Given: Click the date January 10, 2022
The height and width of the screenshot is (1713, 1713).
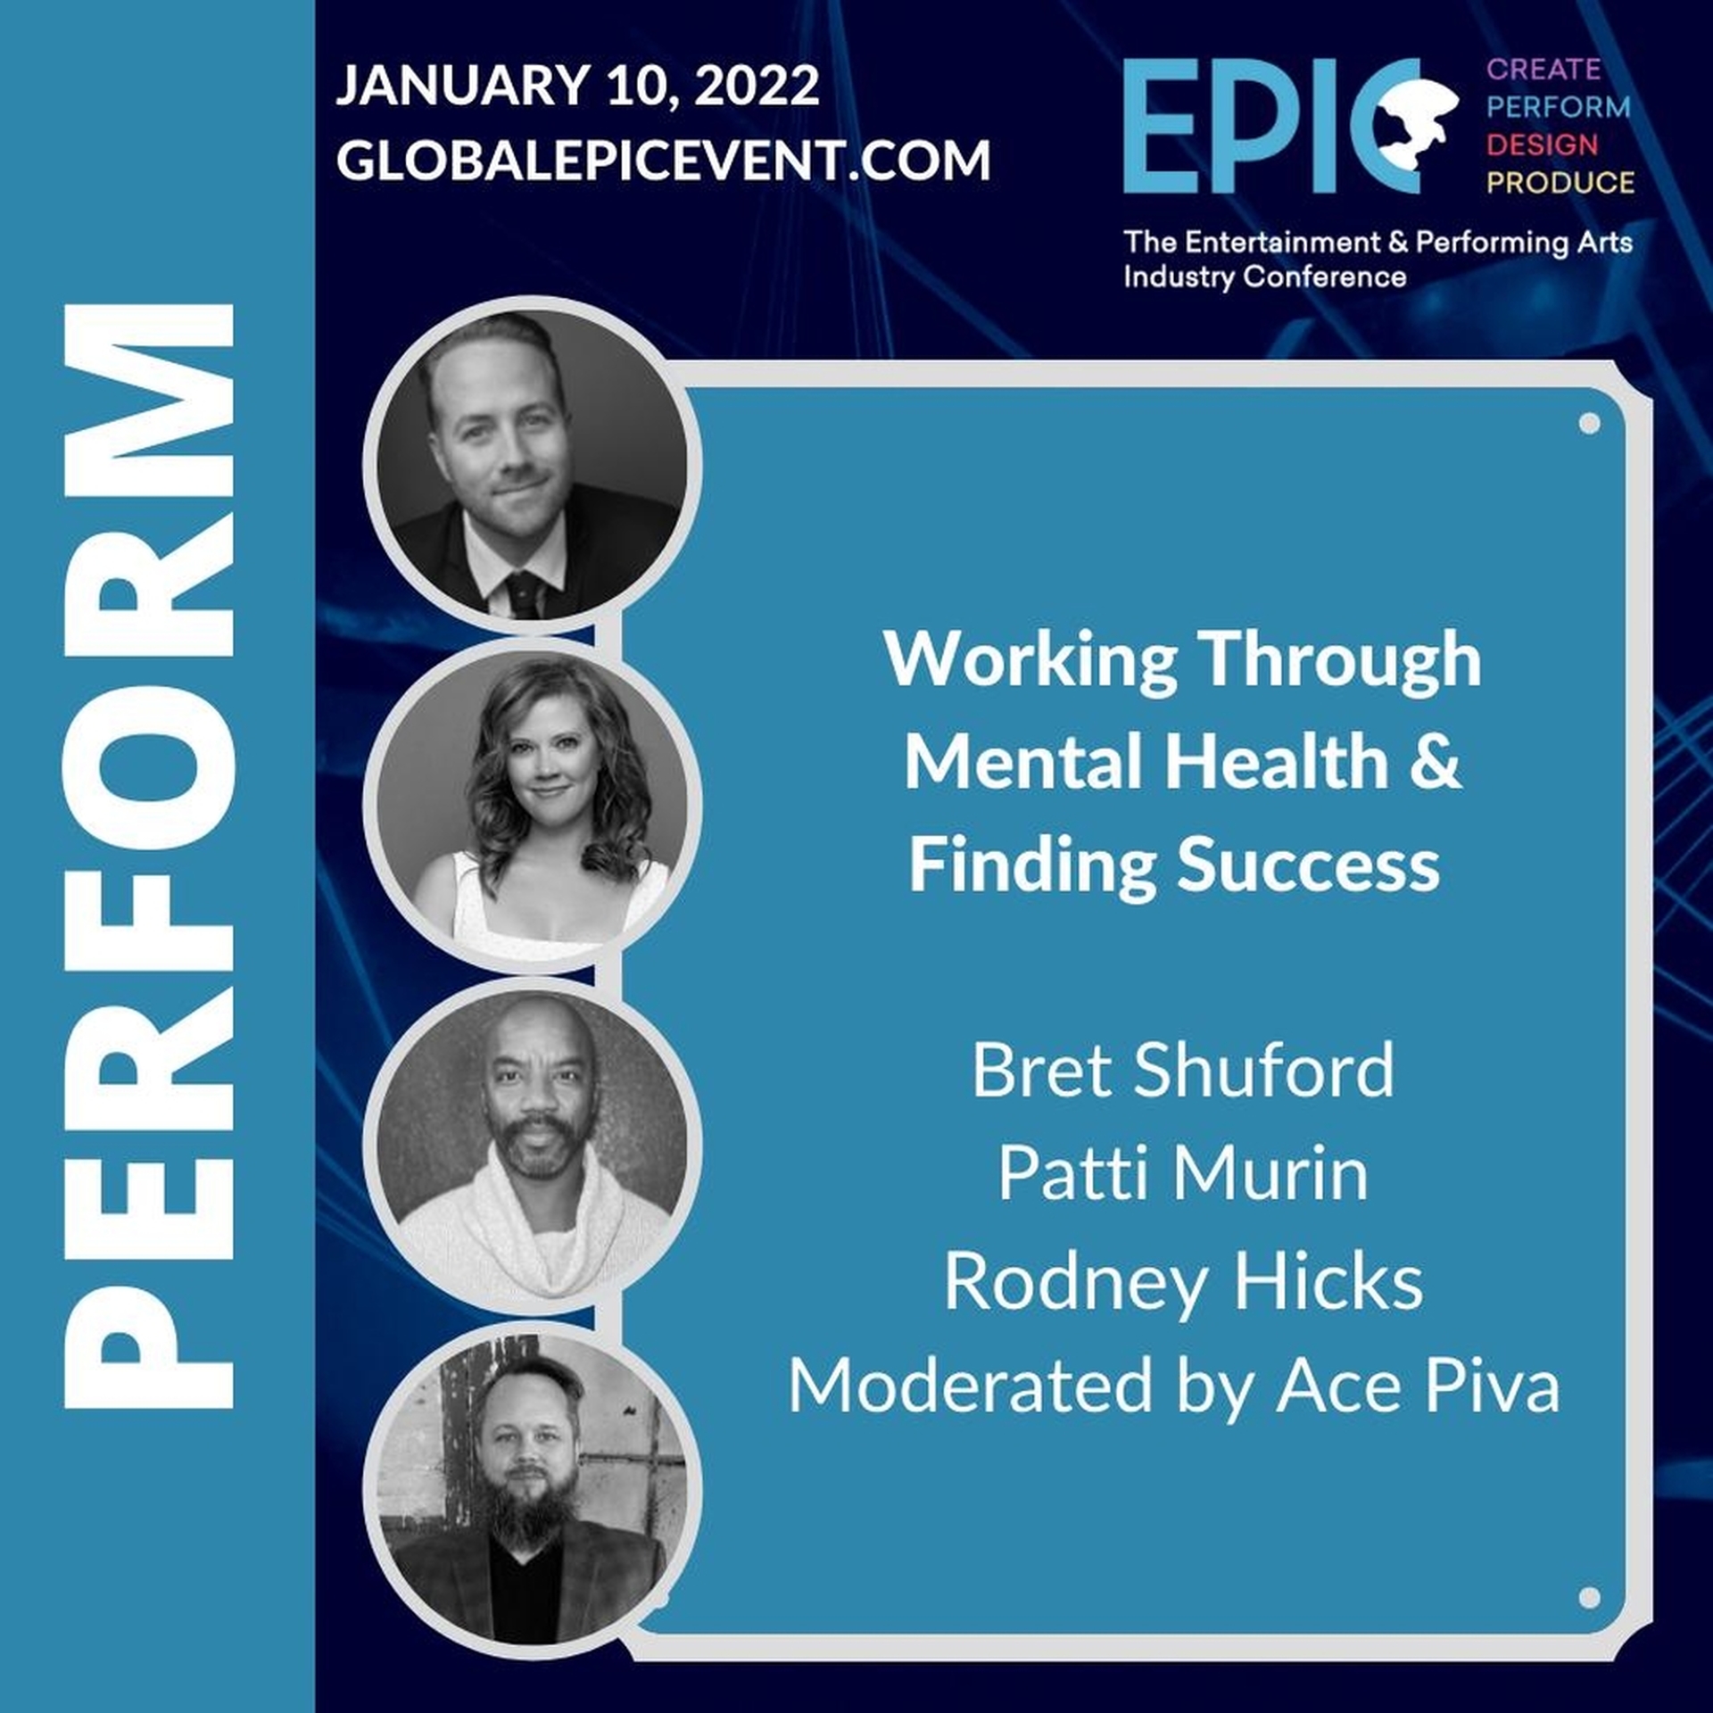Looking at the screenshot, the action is (x=577, y=87).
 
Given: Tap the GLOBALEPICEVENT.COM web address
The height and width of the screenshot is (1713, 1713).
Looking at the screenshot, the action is (x=663, y=161).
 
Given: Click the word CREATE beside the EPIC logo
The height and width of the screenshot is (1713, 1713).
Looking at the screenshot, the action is (x=1543, y=69).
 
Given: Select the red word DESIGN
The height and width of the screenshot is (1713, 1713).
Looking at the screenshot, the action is (x=1543, y=145).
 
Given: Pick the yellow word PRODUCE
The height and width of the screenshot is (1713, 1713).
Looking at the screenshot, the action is (x=1560, y=182).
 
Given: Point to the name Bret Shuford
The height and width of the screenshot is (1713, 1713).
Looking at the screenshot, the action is (x=1183, y=1070).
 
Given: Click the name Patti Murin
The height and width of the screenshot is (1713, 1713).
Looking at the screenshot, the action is (x=1183, y=1174).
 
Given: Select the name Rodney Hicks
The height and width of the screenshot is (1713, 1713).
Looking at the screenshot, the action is (x=1183, y=1281).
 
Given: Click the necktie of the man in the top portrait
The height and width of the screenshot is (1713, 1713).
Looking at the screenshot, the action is (x=525, y=592).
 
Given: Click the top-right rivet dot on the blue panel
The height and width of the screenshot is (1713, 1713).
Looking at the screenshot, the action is (x=1589, y=423).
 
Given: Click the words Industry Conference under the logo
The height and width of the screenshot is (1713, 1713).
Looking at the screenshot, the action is (x=1265, y=277).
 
